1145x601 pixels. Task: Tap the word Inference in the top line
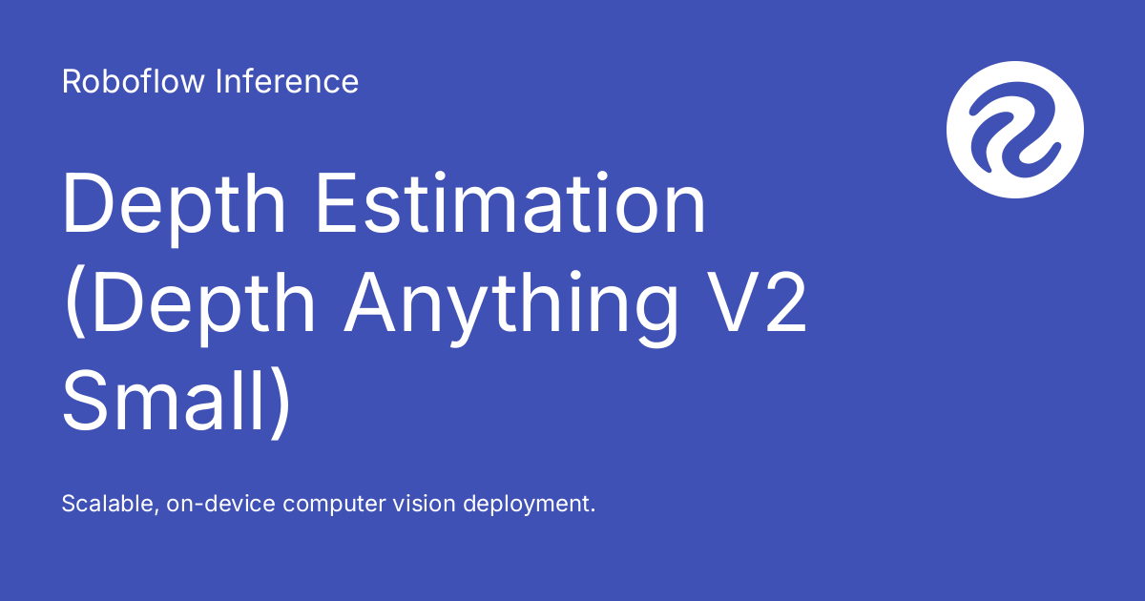[x=287, y=82]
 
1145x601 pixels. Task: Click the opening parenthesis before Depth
[x=73, y=303]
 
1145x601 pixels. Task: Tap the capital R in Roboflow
[x=71, y=82]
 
